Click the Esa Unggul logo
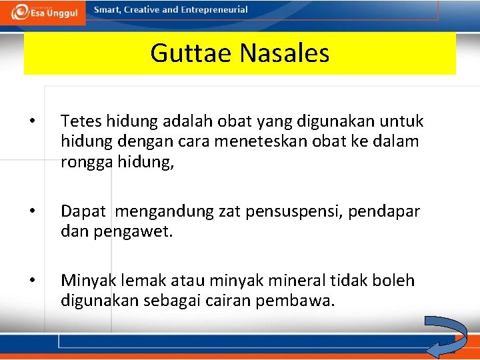(43, 13)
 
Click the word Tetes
(79, 121)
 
